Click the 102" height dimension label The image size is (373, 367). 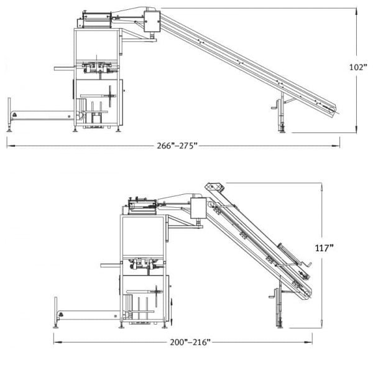(x=359, y=68)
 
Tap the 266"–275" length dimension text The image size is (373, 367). (x=177, y=146)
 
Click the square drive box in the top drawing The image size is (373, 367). (x=152, y=22)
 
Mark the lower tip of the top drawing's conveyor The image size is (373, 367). (x=336, y=112)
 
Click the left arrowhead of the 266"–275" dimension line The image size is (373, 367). (x=9, y=146)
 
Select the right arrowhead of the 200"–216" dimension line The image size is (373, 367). (x=310, y=341)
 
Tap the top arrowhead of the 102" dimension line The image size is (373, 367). (x=357, y=10)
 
